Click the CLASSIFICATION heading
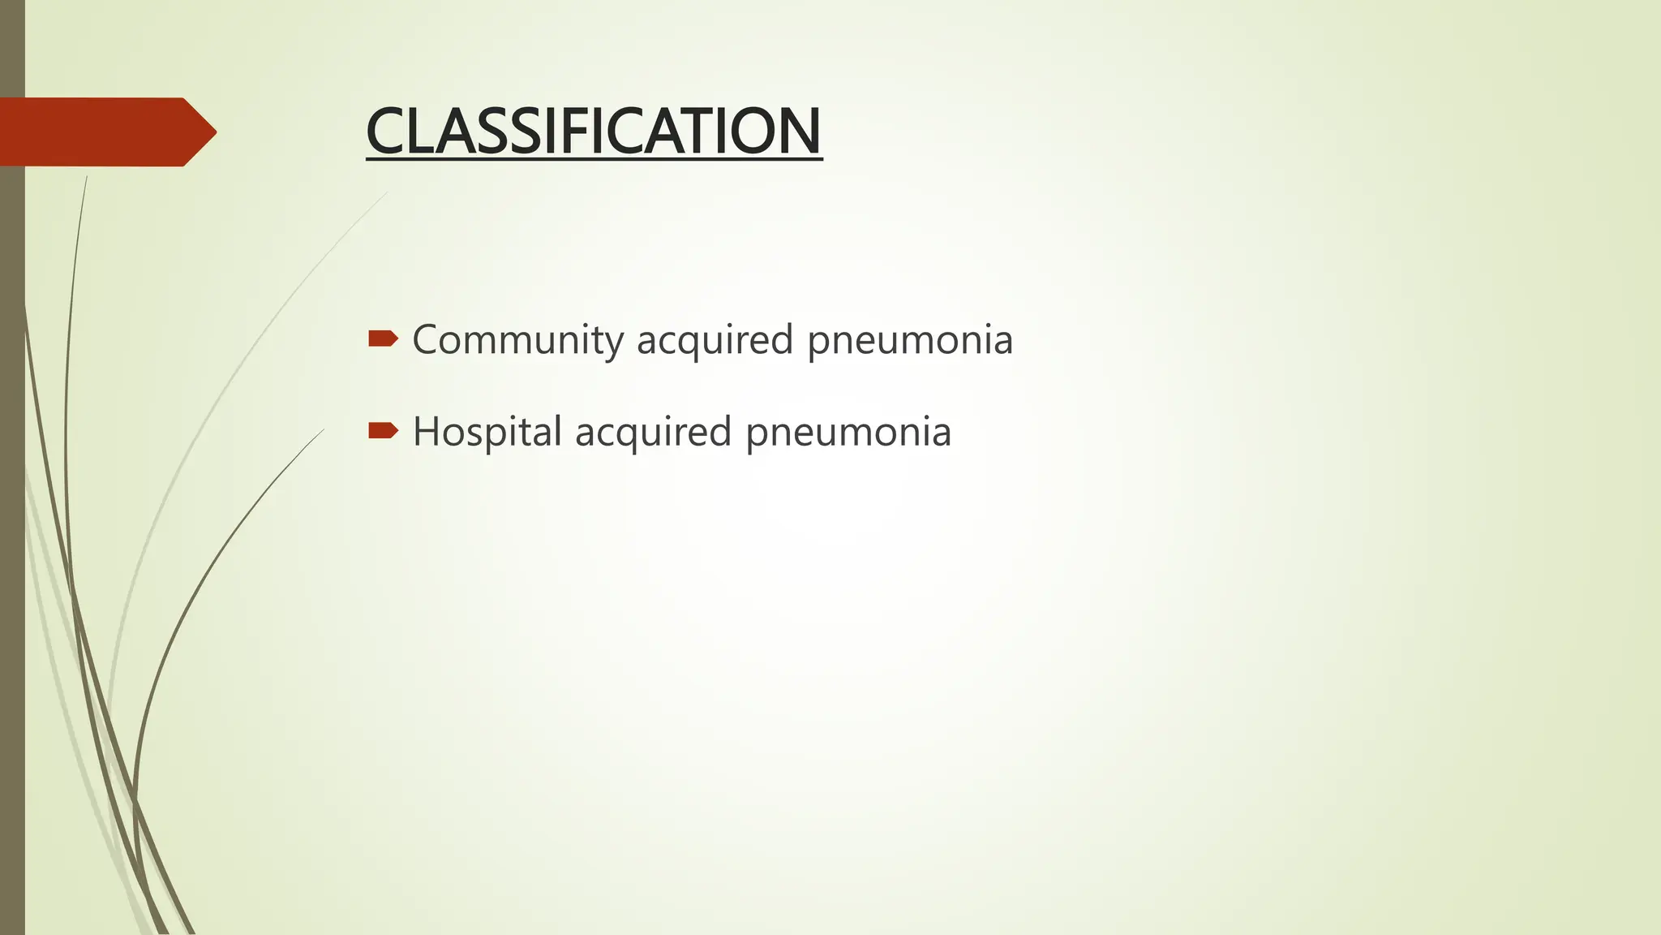tap(594, 131)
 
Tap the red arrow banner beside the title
tap(97, 131)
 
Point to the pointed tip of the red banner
tap(213, 131)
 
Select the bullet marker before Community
tap(382, 338)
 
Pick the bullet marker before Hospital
tap(382, 430)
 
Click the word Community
tap(517, 339)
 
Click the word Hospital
tap(487, 431)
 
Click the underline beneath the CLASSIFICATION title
tap(594, 159)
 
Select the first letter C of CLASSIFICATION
tap(386, 131)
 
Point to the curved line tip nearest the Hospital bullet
tap(323, 430)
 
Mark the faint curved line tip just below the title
tap(387, 192)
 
